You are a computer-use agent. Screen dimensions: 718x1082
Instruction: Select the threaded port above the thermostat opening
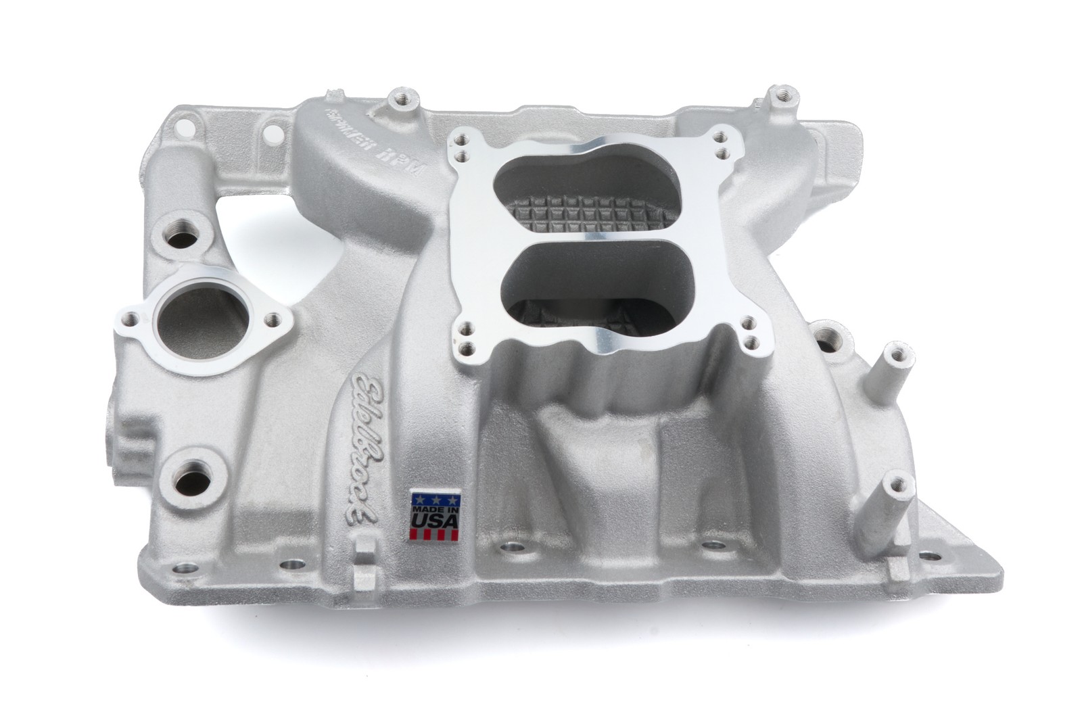(x=182, y=238)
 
